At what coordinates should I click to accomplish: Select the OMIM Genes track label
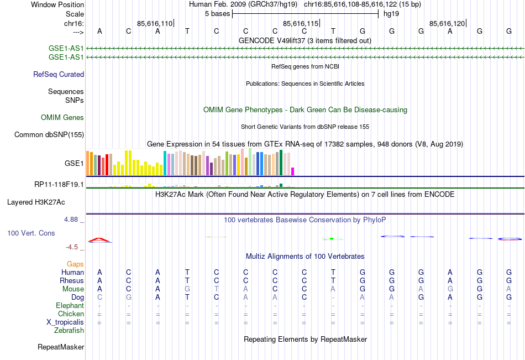[x=62, y=117]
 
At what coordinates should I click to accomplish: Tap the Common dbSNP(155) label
[x=49, y=134]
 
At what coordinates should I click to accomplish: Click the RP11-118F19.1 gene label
[x=59, y=184]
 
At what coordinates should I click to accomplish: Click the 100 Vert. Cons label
[x=31, y=233]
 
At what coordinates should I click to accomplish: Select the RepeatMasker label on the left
[x=61, y=347]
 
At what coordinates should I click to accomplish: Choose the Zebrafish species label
[x=69, y=331]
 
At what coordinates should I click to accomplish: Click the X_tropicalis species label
[x=65, y=322]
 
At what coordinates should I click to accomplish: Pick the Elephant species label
[x=70, y=305]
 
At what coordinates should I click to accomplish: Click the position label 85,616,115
[x=301, y=23]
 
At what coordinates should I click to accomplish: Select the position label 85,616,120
[x=447, y=23]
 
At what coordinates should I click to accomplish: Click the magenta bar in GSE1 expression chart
[x=293, y=171]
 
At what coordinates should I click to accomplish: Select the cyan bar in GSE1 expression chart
[x=165, y=163]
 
